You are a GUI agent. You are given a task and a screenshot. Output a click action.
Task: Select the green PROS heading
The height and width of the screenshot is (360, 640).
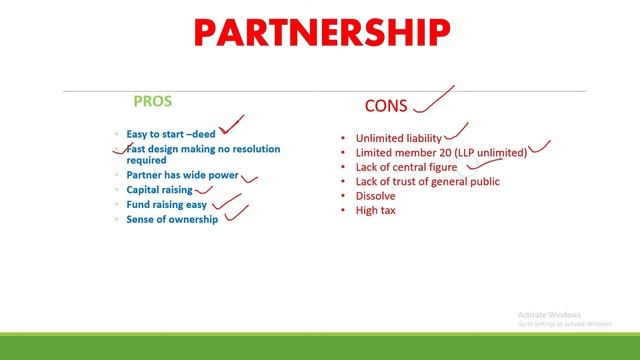(x=153, y=101)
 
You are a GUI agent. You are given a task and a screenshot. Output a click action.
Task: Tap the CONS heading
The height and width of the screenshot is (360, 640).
(x=385, y=105)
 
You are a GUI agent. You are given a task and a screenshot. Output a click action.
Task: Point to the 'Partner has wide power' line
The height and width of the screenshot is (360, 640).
(x=182, y=175)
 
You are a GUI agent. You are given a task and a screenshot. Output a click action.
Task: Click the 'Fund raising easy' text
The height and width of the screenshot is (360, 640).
(x=166, y=204)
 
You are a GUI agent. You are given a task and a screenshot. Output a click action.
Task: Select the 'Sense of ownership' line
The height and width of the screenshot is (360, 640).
(x=171, y=219)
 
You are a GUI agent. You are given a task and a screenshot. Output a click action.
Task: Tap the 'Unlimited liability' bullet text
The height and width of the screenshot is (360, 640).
(x=397, y=138)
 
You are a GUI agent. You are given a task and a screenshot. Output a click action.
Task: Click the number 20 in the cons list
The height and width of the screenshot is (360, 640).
(x=440, y=152)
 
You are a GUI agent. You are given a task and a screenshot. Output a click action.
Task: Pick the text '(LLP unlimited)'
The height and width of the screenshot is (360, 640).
(x=489, y=152)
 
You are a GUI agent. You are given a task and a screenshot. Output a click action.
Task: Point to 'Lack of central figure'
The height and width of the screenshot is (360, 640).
(x=406, y=167)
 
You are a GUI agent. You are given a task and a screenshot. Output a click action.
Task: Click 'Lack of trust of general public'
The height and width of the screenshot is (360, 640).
(x=427, y=181)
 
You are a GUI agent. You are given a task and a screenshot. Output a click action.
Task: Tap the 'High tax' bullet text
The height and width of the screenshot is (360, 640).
(x=375, y=210)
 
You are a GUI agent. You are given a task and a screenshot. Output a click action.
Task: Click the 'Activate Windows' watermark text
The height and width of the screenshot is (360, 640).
(x=551, y=314)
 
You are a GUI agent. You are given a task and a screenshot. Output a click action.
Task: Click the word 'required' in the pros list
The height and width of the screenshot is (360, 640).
(x=146, y=160)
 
